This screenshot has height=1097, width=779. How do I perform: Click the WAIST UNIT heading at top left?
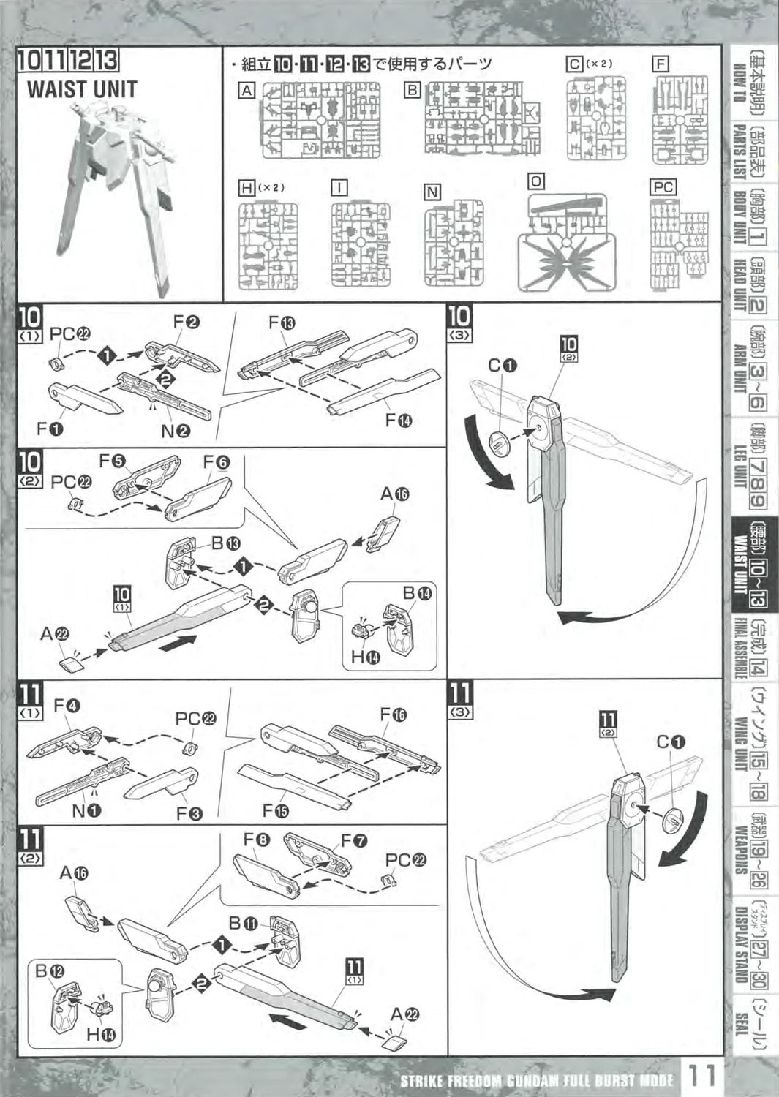[x=82, y=89]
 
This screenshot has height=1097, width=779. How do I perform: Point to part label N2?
[x=176, y=431]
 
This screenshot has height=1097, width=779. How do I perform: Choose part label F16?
[x=394, y=715]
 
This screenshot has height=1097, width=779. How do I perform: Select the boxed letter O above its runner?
[x=536, y=181]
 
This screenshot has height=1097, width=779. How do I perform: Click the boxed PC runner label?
[x=663, y=187]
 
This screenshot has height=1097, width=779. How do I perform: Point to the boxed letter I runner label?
[x=339, y=187]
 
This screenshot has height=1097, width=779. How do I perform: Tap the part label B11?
[x=241, y=923]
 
